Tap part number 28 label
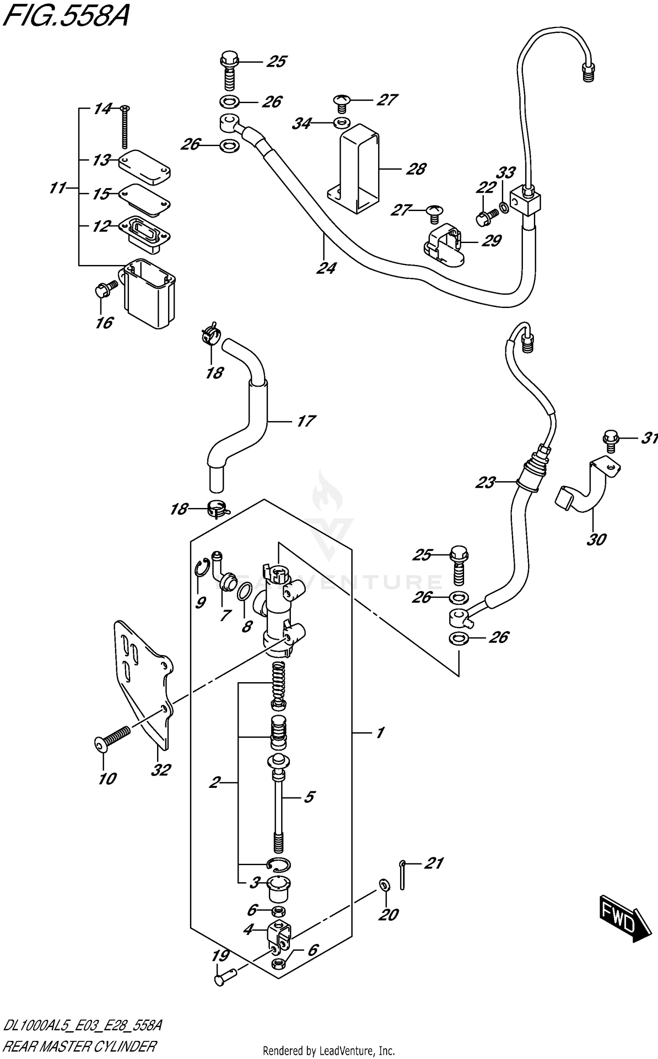[415, 169]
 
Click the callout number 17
[305, 421]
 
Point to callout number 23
[485, 483]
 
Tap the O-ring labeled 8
[244, 592]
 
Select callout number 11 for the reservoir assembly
[57, 188]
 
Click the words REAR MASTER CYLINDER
[79, 1046]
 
